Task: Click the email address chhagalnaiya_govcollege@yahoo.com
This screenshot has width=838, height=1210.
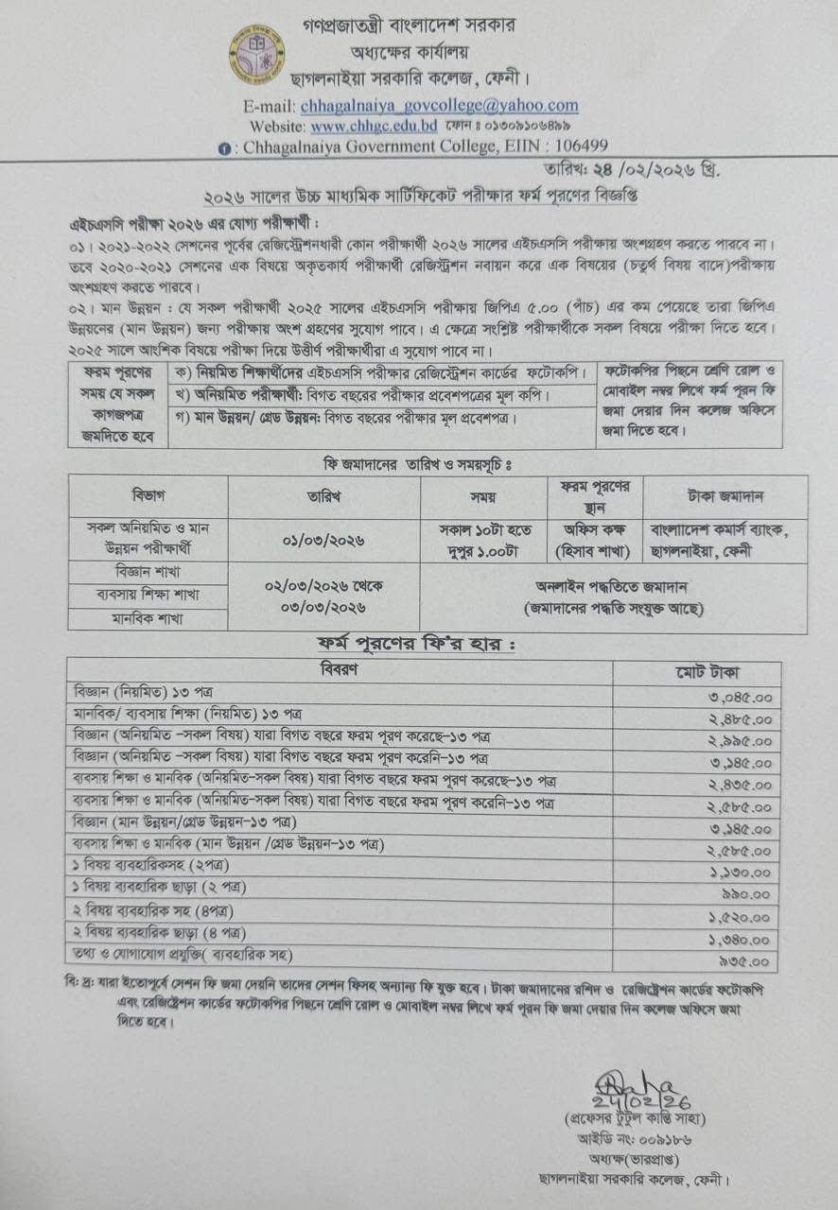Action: [x=439, y=105]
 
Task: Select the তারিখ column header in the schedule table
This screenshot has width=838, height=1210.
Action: [x=323, y=495]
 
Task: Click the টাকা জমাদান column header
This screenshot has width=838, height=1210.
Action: [x=725, y=495]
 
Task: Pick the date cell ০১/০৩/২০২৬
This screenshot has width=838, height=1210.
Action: [x=323, y=541]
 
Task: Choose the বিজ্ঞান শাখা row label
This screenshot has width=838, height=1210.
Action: [x=148, y=573]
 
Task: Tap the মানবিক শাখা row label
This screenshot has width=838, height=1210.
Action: [x=148, y=618]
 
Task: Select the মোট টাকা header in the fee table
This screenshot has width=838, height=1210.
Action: [x=696, y=672]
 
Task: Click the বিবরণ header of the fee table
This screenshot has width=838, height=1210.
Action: [x=339, y=670]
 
